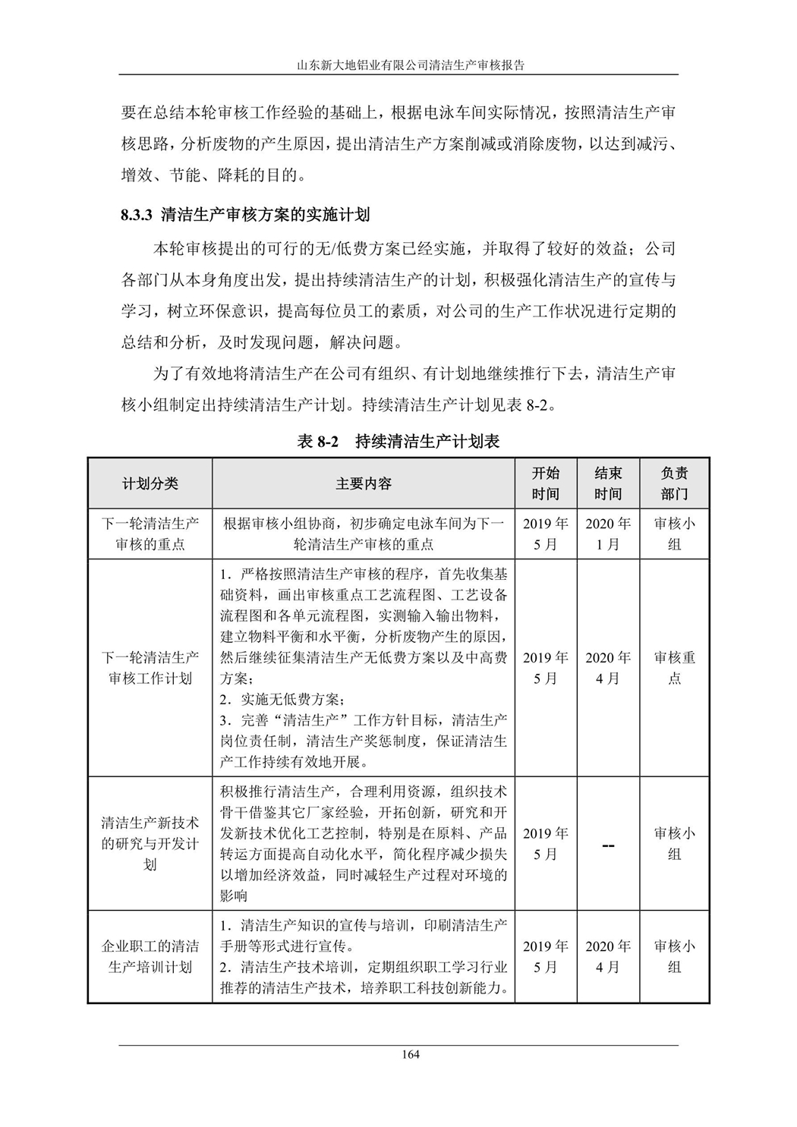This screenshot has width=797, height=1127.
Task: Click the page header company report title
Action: tap(411, 65)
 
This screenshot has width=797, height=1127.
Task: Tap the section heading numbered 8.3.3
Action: tap(245, 215)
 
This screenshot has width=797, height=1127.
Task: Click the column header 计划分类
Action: tap(150, 483)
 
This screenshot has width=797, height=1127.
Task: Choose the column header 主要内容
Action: tap(364, 483)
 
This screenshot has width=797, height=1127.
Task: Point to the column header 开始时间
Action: tap(545, 483)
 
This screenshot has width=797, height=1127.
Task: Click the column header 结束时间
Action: tap(608, 483)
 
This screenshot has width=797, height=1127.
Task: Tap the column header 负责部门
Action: tap(674, 483)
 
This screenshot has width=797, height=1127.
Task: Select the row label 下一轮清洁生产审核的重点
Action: tap(150, 534)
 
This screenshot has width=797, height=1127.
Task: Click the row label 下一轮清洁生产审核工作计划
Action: tap(150, 668)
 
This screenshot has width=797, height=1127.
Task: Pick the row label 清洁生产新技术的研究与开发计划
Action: tap(150, 843)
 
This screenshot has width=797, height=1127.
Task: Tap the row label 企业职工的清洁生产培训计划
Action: tap(150, 956)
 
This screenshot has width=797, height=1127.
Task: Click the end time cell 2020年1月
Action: tap(608, 534)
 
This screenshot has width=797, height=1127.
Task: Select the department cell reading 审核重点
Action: tap(674, 668)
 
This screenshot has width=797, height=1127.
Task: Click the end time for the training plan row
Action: tap(608, 956)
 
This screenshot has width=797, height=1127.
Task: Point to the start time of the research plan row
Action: tap(545, 843)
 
